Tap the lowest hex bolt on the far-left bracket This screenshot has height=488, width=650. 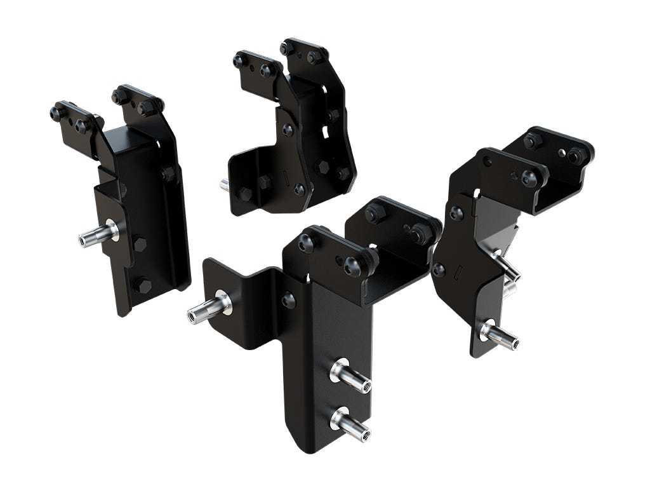coord(144,285)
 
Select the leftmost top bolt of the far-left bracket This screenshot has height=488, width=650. coord(57,114)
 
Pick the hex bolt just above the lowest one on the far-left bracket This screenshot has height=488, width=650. coord(139,244)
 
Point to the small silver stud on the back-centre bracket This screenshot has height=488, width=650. coord(224,185)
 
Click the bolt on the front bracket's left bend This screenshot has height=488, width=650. coord(288,300)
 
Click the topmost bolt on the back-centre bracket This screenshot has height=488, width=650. coord(286,48)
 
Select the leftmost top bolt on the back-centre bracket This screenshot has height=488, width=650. coord(239,61)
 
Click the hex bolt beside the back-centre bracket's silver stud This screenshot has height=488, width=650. coord(245,194)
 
